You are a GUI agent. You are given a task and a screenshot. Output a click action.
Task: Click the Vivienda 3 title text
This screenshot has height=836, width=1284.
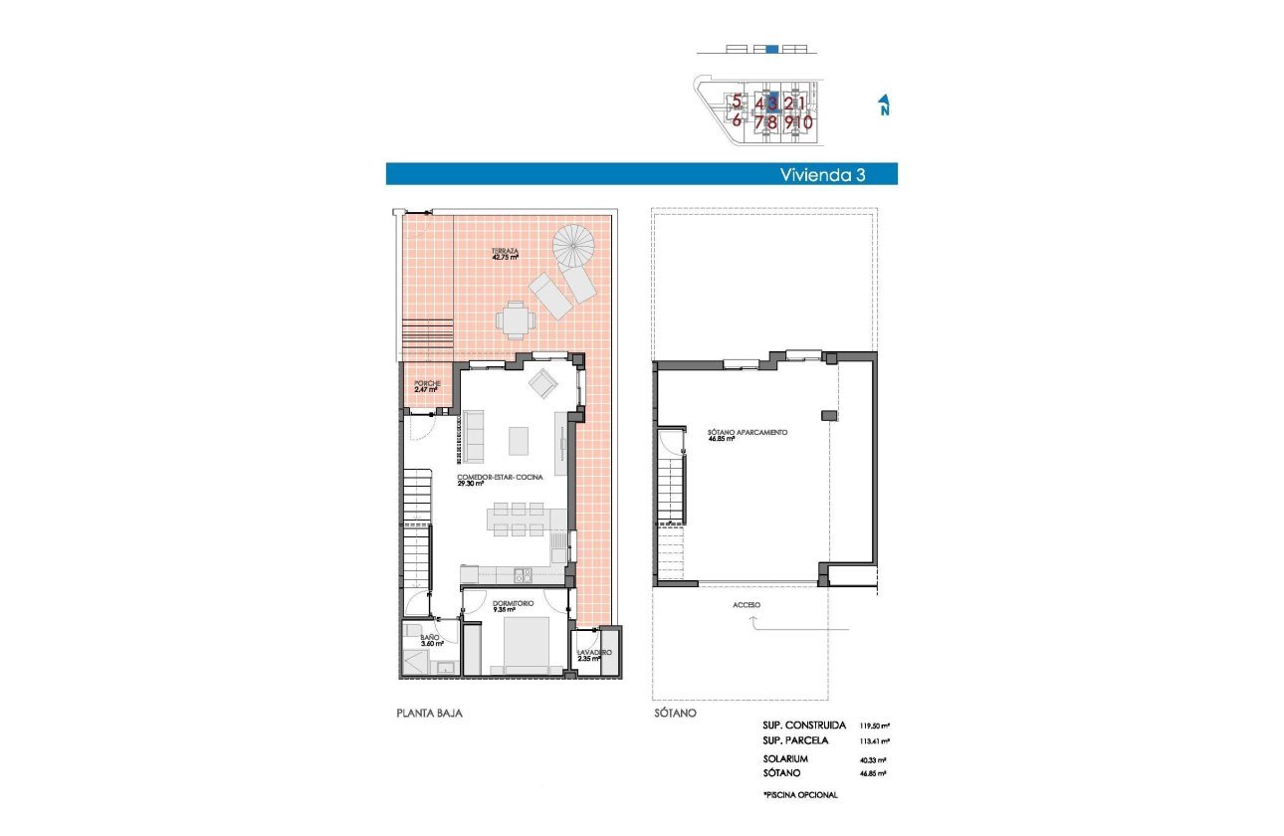point(821,174)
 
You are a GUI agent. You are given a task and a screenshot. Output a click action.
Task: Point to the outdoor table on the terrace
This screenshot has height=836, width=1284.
point(516,320)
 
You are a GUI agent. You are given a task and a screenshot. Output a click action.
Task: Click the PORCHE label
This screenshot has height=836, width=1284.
point(426,385)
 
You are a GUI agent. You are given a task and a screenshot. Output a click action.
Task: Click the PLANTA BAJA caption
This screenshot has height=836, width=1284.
point(429,714)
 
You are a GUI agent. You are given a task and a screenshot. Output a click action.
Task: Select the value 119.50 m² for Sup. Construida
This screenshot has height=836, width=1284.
point(875,727)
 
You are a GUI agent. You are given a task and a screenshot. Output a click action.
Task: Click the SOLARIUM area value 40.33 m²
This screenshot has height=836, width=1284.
point(875,758)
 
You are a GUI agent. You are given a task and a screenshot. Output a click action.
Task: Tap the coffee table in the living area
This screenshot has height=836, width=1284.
point(520,440)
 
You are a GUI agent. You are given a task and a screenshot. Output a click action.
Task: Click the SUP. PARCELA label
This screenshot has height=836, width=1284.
point(797,741)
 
